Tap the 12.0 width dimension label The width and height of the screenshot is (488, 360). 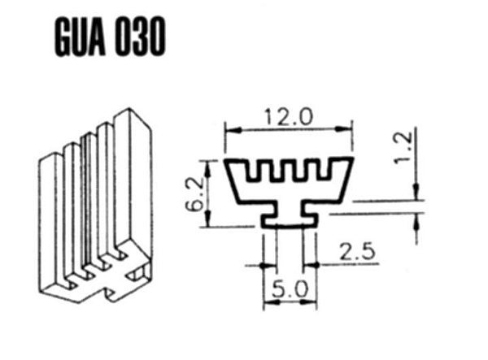coord(290,117)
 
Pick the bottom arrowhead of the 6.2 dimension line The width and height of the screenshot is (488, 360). coord(209,223)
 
